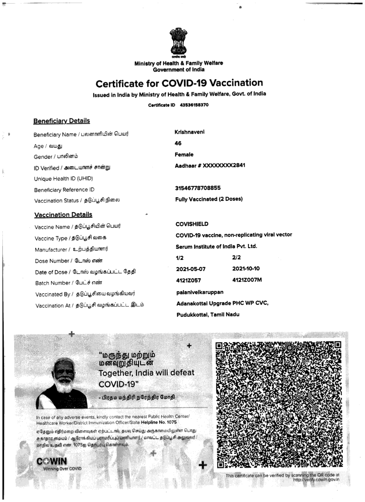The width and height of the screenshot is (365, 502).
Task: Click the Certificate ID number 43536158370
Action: [194, 105]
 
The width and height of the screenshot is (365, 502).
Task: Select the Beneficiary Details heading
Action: [62, 121]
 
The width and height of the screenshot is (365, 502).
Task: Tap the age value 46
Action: [178, 143]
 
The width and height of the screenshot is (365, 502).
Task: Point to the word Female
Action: [184, 154]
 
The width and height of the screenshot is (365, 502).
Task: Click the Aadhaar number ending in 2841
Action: [210, 165]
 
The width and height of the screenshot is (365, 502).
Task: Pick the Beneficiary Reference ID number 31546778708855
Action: [198, 188]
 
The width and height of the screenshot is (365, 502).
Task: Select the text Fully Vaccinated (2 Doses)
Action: [209, 199]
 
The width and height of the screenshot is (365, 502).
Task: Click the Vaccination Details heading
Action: [63, 215]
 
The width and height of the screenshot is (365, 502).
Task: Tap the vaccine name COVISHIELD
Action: [192, 224]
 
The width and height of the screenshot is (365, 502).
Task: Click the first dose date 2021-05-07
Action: [191, 269]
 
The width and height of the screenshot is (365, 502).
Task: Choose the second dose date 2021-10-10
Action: [246, 269]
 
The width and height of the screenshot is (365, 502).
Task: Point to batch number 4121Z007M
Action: [247, 280]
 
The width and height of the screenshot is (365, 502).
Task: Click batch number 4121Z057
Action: [188, 281]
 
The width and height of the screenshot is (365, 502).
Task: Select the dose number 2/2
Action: [236, 257]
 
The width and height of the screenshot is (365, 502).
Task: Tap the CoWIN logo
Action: [52, 461]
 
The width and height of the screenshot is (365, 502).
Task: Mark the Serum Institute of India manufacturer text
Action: [216, 246]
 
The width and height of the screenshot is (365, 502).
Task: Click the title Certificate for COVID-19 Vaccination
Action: [179, 83]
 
